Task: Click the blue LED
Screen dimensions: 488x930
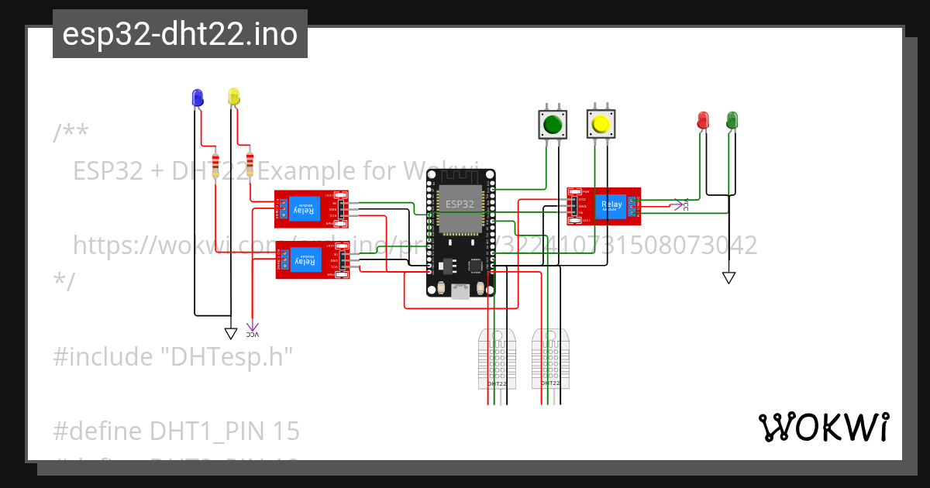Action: (197, 98)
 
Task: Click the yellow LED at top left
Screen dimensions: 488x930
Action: (234, 97)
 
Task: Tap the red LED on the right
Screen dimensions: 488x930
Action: (703, 120)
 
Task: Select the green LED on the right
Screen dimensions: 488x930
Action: (732, 120)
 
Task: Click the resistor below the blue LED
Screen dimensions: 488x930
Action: (215, 164)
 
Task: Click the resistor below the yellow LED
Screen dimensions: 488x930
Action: (250, 164)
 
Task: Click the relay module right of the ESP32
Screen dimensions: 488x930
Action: (604, 205)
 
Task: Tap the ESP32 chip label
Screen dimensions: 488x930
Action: (460, 204)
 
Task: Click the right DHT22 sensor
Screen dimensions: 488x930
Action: (550, 358)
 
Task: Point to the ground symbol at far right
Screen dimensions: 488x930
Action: (728, 277)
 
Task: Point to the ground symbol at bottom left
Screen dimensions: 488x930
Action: (230, 333)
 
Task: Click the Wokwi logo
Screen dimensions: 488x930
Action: (823, 428)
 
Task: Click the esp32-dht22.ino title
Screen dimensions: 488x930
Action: (180, 35)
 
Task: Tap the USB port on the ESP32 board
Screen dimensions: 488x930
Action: (460, 290)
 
